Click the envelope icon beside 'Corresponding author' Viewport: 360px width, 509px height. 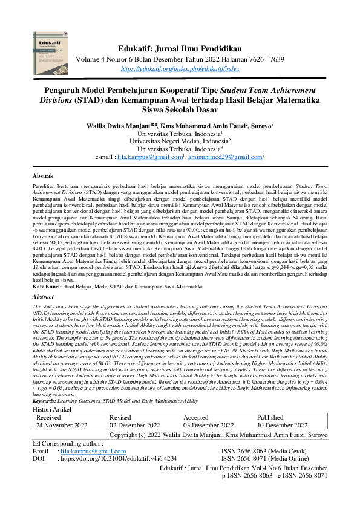click(x=35, y=444)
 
